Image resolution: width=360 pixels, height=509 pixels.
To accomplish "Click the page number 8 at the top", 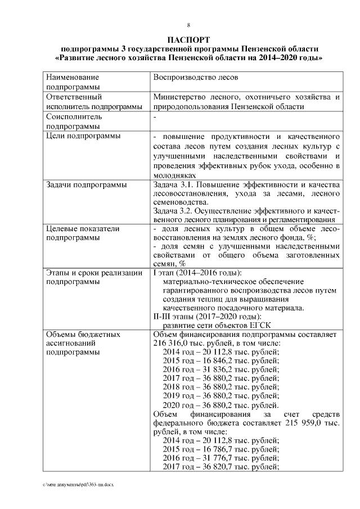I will (x=189, y=25).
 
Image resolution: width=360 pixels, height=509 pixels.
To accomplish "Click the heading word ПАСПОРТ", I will (x=189, y=39).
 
